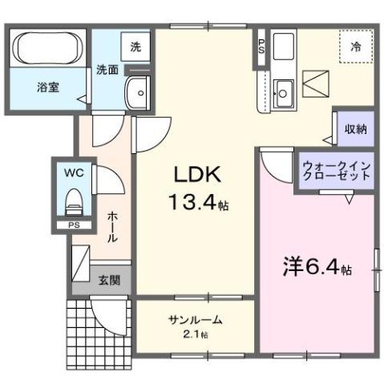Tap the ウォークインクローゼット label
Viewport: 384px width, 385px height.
(x=337, y=171)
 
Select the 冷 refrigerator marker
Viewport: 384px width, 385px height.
(x=355, y=47)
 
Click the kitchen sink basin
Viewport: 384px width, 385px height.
(x=282, y=87)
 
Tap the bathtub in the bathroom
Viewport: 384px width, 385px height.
(x=46, y=48)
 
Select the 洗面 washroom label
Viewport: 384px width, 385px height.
(x=108, y=70)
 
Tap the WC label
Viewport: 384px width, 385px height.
(x=72, y=171)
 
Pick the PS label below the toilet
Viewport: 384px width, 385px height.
(x=74, y=226)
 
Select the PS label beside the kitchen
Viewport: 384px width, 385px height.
(x=261, y=45)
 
